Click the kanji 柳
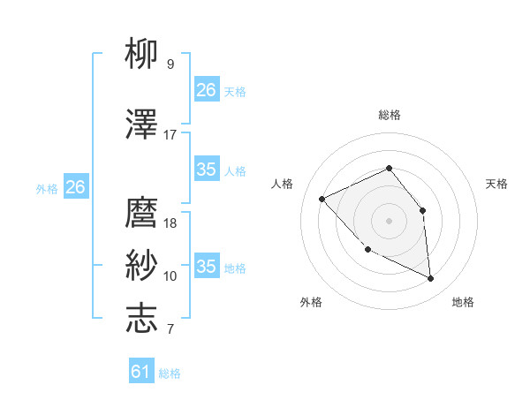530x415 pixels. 142,56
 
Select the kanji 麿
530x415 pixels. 142,213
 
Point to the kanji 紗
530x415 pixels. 142,266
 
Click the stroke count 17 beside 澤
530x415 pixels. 170,135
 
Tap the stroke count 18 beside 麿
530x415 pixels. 170,223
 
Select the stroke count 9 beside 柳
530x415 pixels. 170,64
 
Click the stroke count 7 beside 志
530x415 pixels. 170,329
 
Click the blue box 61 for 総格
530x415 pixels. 141,372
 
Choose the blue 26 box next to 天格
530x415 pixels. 207,90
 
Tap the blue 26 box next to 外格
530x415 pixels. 75,187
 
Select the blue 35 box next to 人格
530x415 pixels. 207,170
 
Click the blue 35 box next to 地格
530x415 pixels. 207,267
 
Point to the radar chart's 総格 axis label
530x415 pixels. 389,115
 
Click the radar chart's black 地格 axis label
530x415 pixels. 463,303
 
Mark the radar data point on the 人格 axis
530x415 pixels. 322,199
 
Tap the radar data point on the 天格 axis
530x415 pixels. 422,210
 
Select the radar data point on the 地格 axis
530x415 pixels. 430,279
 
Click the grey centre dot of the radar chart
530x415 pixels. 389,221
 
